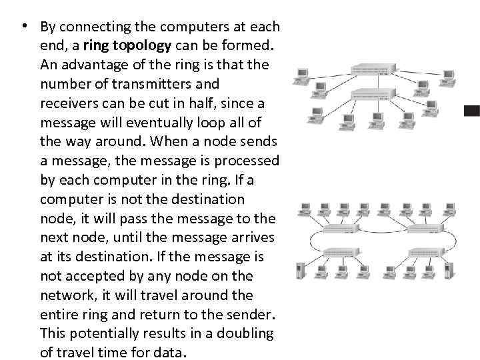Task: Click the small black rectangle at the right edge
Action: [x=472, y=111]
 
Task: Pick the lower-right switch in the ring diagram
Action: [x=427, y=252]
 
